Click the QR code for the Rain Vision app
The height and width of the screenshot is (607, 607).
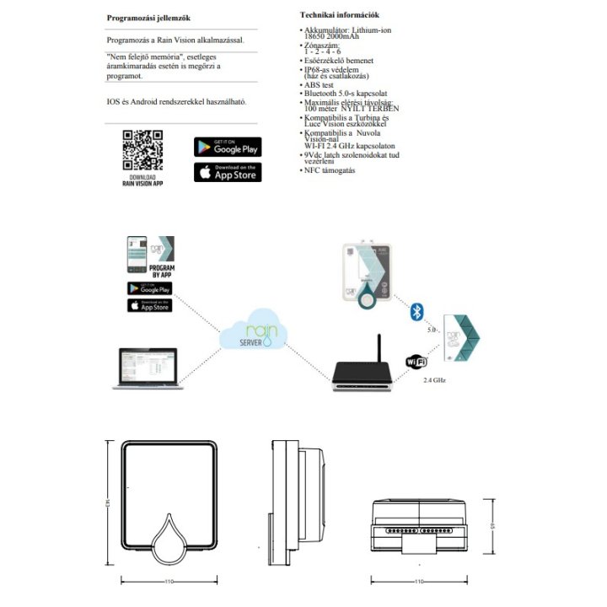pos(142,151)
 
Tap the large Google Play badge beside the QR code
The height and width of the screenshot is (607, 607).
pos(228,147)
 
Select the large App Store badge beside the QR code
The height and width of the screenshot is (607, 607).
pos(228,173)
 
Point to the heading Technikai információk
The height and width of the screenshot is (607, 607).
pos(339,15)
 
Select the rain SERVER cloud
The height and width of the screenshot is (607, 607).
pos(254,338)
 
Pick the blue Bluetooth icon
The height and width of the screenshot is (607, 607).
pos(416,312)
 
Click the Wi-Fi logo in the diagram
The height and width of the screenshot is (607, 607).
pos(416,361)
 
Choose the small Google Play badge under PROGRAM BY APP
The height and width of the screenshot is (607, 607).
pos(149,289)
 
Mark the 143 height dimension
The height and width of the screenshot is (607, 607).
pos(110,503)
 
